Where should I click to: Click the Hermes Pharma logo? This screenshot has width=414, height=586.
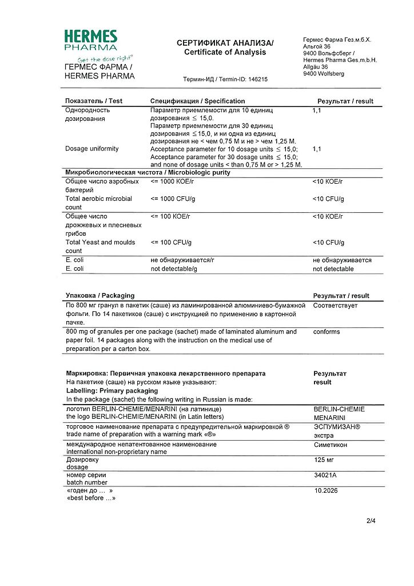tap(91, 41)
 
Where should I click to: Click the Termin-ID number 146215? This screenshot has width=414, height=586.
tap(258, 80)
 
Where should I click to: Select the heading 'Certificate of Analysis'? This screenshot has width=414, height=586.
tap(225, 52)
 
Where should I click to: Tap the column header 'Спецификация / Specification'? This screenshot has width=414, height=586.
tap(197, 101)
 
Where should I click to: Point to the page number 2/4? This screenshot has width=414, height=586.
tap(371, 521)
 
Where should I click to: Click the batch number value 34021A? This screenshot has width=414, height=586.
tap(327, 475)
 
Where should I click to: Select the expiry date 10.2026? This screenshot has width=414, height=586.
tap(327, 490)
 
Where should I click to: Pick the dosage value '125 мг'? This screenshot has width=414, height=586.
tap(324, 460)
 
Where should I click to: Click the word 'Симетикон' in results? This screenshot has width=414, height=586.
tap(331, 445)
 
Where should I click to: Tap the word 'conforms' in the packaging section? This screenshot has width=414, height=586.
tap(327, 332)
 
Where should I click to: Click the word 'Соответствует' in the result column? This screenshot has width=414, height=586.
tap(335, 306)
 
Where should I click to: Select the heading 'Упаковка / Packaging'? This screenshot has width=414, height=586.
tap(100, 296)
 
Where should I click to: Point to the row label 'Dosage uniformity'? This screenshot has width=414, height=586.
tap(92, 149)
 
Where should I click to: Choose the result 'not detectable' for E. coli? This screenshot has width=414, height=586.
tap(333, 269)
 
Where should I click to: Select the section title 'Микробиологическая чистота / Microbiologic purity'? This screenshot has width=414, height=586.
tap(148, 172)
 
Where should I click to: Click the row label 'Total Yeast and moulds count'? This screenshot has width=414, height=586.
tap(100, 247)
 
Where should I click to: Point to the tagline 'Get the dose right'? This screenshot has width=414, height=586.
tap(105, 59)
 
